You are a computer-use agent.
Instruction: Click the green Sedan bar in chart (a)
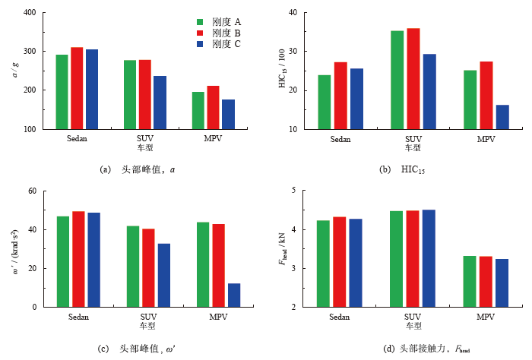tap(62, 92)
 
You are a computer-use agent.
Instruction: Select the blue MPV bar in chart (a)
tap(228, 114)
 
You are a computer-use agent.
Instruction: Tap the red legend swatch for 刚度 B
tap(201, 33)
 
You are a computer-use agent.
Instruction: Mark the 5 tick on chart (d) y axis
tap(295, 191)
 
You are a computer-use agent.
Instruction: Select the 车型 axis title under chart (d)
tap(413, 326)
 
